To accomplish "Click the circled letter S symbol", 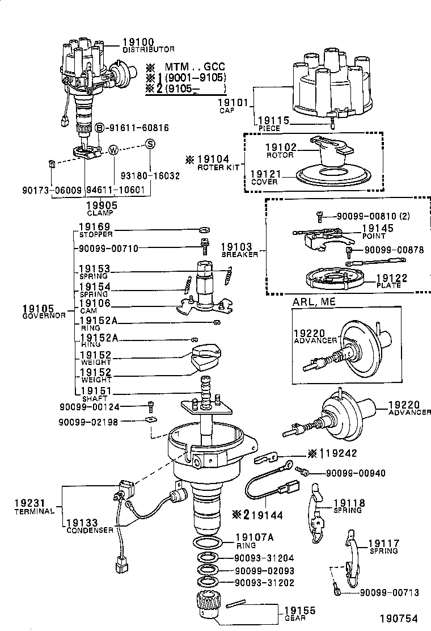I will (150, 144).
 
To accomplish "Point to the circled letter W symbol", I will (114, 150).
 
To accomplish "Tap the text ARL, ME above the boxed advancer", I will (314, 302).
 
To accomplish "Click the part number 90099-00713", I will (389, 592).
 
